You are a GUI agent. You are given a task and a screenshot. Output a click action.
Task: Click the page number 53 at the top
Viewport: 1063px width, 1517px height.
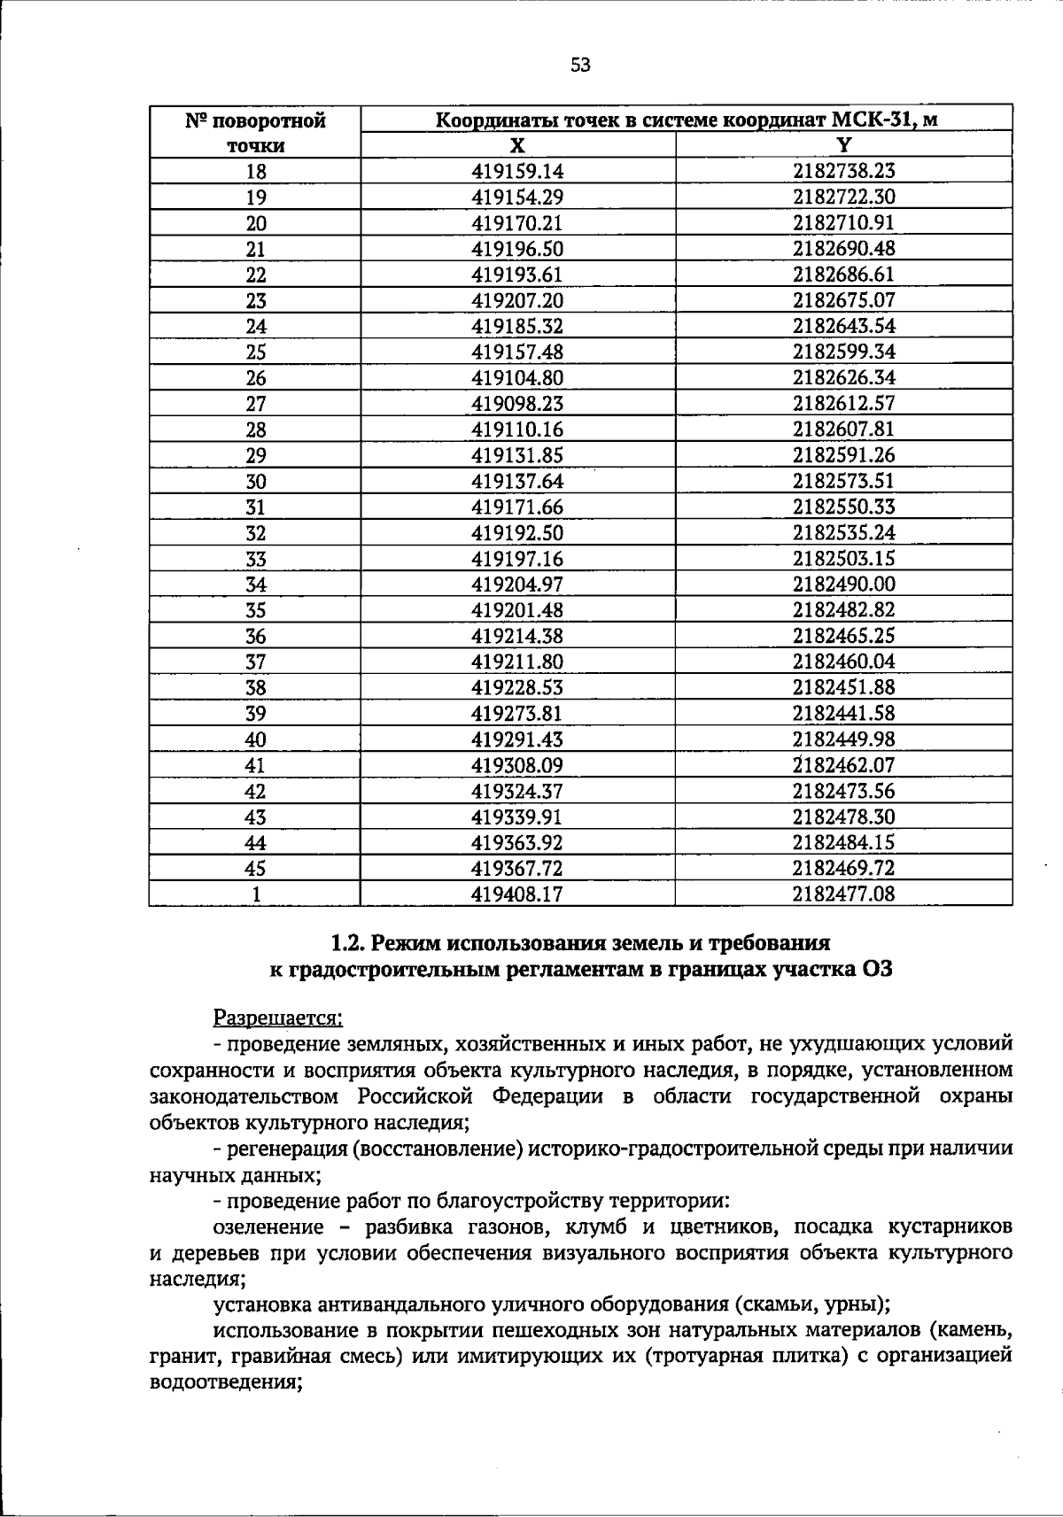point(580,65)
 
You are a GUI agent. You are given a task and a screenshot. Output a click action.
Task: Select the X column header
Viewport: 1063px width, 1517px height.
point(517,145)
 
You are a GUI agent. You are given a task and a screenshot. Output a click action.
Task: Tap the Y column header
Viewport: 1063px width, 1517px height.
point(843,145)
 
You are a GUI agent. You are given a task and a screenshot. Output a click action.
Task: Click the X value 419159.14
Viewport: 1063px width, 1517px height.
point(517,172)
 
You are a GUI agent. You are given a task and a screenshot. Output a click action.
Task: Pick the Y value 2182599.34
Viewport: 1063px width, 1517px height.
point(843,352)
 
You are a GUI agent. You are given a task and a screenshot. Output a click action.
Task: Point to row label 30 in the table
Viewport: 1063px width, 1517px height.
point(255,482)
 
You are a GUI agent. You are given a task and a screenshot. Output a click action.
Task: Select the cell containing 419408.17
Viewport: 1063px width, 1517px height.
point(517,894)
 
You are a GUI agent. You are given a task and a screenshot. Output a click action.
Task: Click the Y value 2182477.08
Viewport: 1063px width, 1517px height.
point(843,894)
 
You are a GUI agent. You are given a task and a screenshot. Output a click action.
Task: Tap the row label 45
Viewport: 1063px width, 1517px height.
point(255,869)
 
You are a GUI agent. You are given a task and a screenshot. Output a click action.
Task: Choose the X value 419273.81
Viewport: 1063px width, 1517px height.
point(517,714)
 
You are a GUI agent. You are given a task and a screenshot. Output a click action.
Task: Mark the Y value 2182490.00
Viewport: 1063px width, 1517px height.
point(843,584)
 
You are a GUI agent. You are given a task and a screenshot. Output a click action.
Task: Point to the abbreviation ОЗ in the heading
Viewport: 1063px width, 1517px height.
point(875,969)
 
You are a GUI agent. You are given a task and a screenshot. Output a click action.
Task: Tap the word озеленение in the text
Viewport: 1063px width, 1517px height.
point(268,1227)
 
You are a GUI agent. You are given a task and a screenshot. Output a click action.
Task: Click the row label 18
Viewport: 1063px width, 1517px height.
point(255,172)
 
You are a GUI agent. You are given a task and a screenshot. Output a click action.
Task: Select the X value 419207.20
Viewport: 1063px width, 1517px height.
point(517,300)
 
